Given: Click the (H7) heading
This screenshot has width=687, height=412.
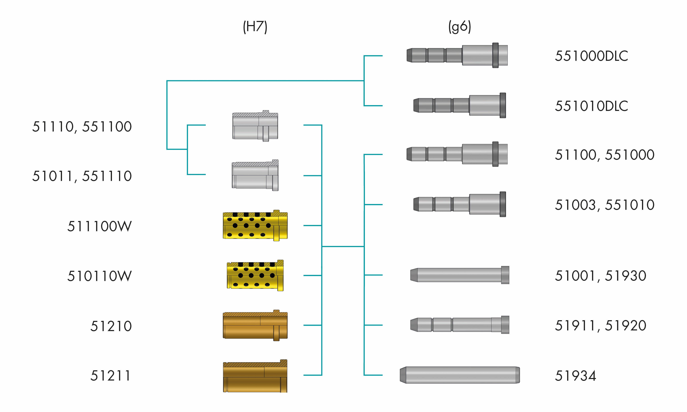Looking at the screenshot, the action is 255,27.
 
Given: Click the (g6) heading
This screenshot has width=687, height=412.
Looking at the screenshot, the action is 460,27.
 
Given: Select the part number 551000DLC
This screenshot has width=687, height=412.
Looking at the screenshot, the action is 591,56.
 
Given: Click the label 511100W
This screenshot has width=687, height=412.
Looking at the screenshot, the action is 99,226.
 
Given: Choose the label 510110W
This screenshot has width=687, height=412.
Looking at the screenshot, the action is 99,276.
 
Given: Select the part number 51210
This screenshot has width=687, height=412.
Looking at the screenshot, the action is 111,326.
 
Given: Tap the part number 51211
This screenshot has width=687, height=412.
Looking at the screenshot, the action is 110,376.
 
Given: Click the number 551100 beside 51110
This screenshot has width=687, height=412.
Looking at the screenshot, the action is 107,127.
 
